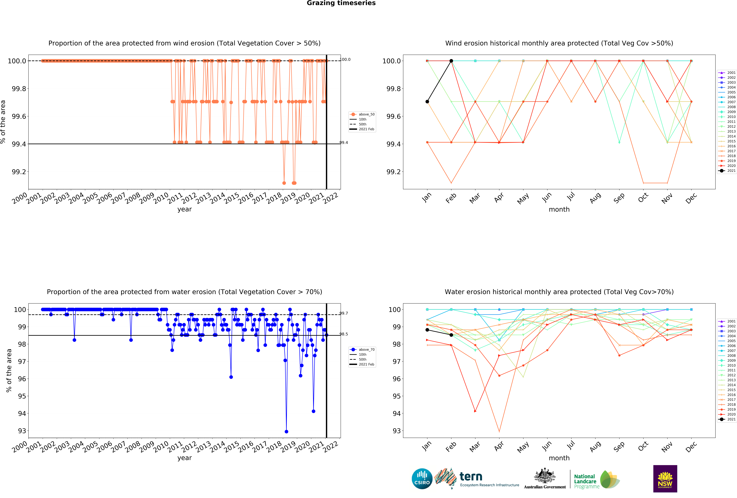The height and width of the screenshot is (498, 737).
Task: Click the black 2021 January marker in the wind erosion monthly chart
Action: [x=427, y=102]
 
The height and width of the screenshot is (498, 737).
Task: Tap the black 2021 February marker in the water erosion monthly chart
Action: [x=451, y=335]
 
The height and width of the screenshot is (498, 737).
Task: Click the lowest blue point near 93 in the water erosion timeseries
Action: [x=286, y=431]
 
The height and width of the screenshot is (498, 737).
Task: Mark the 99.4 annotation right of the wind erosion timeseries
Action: [x=344, y=143]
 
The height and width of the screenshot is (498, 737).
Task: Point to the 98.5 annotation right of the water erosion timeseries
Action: [x=344, y=334]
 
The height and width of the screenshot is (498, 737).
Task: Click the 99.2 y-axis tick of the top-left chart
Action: [x=19, y=172]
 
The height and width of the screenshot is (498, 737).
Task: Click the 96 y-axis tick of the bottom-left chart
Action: [x=22, y=379]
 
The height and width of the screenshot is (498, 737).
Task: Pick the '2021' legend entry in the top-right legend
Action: [x=731, y=171]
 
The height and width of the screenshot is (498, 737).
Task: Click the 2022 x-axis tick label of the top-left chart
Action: [x=331, y=198]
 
